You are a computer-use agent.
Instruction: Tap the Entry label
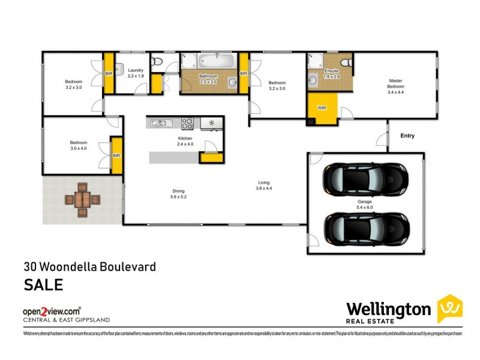tap(407, 136)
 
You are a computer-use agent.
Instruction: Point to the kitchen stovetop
tap(187, 124)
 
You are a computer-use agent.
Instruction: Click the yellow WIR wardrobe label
tap(321, 109)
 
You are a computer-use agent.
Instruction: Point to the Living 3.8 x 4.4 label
tap(265, 185)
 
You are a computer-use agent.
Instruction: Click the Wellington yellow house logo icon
tap(449, 308)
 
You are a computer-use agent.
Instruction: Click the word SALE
tap(43, 284)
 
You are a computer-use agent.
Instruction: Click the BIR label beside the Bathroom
tap(244, 73)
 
